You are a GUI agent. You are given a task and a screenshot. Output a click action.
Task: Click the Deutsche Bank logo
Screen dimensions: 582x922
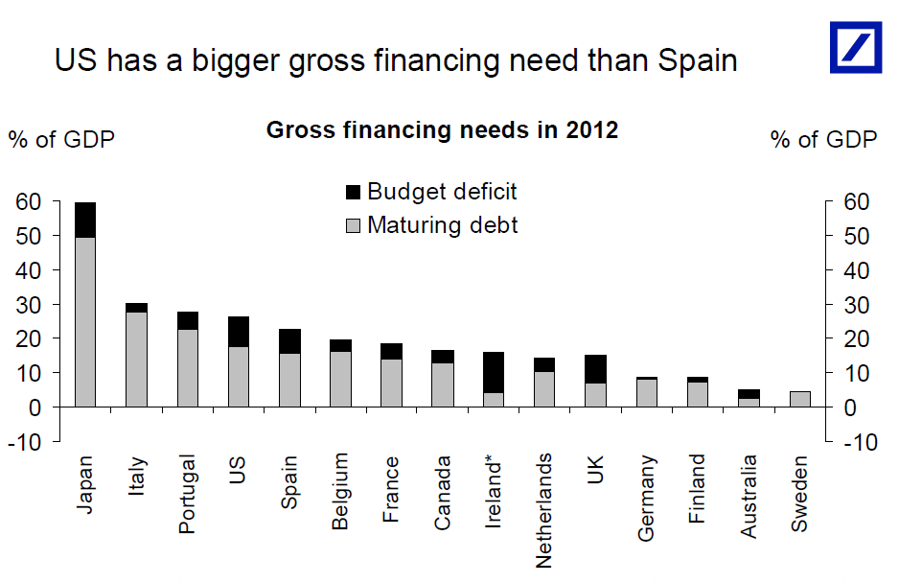coord(855,46)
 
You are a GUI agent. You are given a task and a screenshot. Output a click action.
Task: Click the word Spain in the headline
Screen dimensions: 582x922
coord(698,60)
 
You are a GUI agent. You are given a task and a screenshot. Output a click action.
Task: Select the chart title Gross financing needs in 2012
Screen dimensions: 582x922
coord(442,130)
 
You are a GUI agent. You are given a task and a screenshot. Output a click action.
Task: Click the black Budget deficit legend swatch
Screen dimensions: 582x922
coord(353,192)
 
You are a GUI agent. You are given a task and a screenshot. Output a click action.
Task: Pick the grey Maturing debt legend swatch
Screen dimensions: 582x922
coord(353,226)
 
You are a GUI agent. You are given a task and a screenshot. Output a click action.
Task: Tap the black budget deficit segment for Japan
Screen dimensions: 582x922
coord(85,220)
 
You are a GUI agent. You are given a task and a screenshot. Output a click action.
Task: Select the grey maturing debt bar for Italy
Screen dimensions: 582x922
coord(136,359)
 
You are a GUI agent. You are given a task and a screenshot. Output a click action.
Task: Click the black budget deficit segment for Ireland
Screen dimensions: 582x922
coord(493,372)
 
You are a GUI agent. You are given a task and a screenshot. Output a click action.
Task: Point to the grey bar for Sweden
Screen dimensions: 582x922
coord(798,399)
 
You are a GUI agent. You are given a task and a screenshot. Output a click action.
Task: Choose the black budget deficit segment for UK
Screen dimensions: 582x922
coord(594,369)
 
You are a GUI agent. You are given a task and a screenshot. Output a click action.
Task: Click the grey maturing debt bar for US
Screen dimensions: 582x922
coord(238,377)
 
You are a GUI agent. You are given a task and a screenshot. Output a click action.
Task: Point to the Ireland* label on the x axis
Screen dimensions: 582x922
coord(494,491)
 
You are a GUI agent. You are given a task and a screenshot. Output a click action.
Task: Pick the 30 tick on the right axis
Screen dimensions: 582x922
coord(855,305)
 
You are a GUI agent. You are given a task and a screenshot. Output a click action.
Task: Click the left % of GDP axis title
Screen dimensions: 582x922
coord(61,139)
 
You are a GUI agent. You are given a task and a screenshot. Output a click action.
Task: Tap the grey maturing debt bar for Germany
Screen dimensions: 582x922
coord(646,393)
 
